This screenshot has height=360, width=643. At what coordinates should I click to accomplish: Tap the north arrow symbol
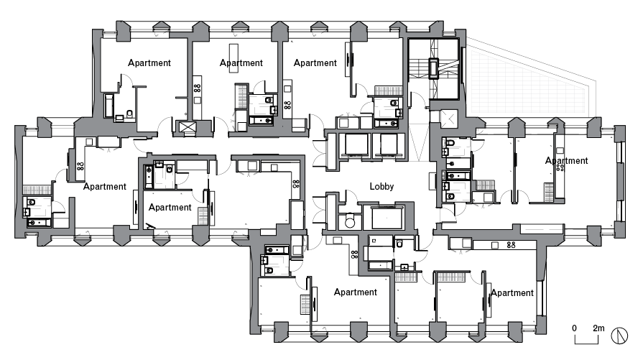click(620, 336)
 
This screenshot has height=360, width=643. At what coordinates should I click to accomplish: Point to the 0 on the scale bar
click(574, 327)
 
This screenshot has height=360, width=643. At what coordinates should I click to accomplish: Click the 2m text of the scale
click(598, 327)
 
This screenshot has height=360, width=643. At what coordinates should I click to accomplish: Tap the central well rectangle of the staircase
click(435, 69)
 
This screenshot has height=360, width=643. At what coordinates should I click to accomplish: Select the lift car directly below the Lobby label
click(383, 217)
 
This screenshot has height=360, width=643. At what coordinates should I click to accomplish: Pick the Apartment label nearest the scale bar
click(512, 292)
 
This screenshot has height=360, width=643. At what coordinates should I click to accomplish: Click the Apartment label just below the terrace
click(566, 160)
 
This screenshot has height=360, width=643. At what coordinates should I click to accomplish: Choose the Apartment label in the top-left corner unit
click(149, 63)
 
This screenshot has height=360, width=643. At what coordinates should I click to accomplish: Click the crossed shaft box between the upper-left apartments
click(188, 128)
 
